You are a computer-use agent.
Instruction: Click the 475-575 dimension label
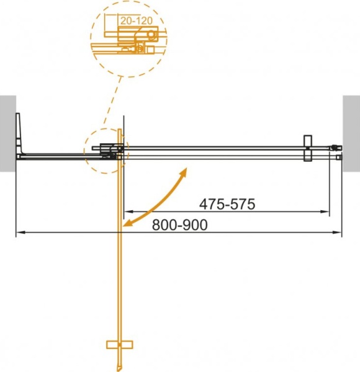point(227,203)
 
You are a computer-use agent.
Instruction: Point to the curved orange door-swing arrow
point(155,198)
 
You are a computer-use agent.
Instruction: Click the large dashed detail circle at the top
point(128,38)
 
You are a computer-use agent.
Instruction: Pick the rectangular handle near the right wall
point(307,149)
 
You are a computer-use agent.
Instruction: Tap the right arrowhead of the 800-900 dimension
point(339,233)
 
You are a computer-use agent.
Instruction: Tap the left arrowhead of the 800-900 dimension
point(19,233)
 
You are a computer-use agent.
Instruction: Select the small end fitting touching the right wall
point(337,148)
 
